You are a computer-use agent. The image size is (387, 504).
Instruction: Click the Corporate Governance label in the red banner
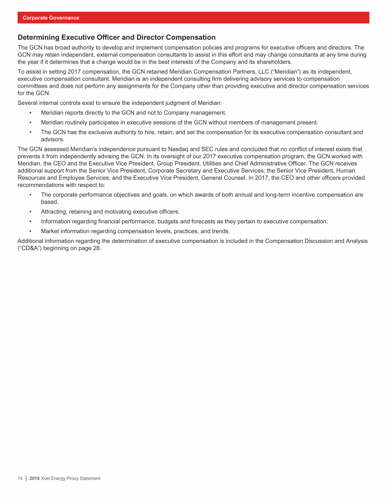(x=50, y=18)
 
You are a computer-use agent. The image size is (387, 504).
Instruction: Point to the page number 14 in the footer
(x=20, y=478)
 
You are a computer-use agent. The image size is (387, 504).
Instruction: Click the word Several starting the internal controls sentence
(x=28, y=103)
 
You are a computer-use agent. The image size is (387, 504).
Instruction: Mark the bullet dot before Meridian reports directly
(x=31, y=112)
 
